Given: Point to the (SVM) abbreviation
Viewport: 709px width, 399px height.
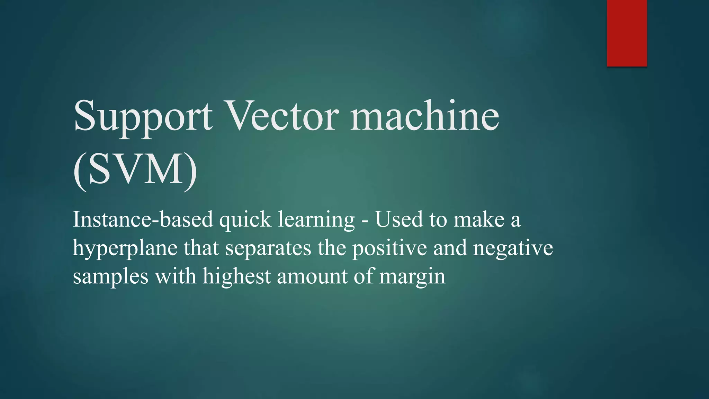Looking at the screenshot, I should point(135,170).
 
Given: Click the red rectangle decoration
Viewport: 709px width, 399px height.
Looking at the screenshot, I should point(627,33).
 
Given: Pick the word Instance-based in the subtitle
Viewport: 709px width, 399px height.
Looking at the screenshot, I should point(143,220).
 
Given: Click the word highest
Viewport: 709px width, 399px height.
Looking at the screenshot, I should point(236,277).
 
